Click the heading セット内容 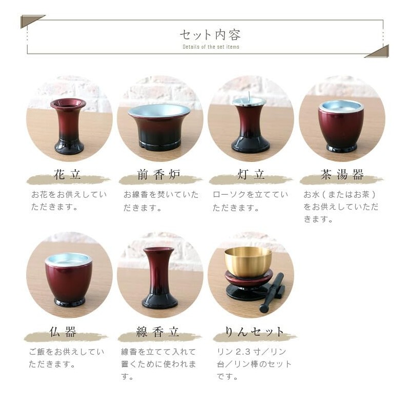210,35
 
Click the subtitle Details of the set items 211,47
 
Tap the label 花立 68,174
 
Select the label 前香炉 159,174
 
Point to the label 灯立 251,174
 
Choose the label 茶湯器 342,174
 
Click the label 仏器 63,332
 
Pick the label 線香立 158,332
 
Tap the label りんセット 254,332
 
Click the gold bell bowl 248,262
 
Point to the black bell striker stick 272,293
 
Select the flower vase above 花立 69,126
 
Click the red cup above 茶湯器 341,126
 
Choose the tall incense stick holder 159,278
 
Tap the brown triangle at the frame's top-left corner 28,20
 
